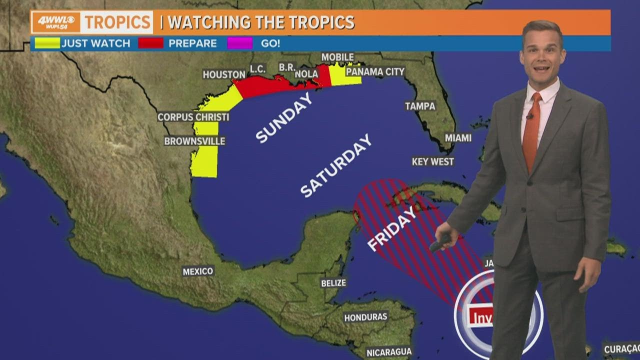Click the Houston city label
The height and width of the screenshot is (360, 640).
(224, 74)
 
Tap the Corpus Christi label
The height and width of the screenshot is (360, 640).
(193, 117)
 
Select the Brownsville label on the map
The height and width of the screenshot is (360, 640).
(194, 141)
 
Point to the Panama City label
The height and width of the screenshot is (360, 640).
(375, 72)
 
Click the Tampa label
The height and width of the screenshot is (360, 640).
(420, 106)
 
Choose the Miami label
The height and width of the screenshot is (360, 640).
(458, 137)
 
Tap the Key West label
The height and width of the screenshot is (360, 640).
(433, 161)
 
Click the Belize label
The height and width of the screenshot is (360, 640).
(333, 283)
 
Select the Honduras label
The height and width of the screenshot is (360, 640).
(365, 317)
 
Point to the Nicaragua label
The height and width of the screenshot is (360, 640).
(389, 352)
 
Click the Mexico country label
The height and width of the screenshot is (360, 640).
(198, 271)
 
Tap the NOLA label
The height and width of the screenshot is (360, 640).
(306, 74)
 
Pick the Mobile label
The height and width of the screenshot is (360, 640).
(337, 57)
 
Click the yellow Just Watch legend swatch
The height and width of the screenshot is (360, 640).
(47, 43)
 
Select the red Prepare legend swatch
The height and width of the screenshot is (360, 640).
(150, 43)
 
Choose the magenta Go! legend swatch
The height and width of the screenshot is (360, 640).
(239, 43)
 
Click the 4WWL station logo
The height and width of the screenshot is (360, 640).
(55, 22)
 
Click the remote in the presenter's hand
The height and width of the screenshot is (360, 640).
(440, 243)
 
